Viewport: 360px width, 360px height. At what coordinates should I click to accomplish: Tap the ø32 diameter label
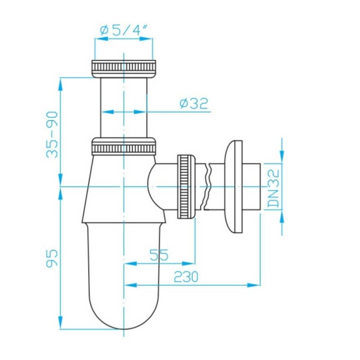[194, 104]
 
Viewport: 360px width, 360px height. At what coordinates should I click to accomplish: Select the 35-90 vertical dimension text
[53, 134]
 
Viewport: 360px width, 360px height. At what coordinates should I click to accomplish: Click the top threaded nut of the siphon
[123, 67]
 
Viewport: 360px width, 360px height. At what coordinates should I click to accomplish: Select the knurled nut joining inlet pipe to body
[124, 148]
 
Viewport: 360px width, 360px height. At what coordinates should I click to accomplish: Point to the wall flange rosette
[234, 186]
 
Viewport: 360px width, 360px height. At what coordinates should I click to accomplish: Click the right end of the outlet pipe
[260, 186]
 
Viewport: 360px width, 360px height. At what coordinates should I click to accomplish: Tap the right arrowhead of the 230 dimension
[257, 284]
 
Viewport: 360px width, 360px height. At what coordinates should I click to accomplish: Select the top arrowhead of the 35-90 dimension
[60, 81]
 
